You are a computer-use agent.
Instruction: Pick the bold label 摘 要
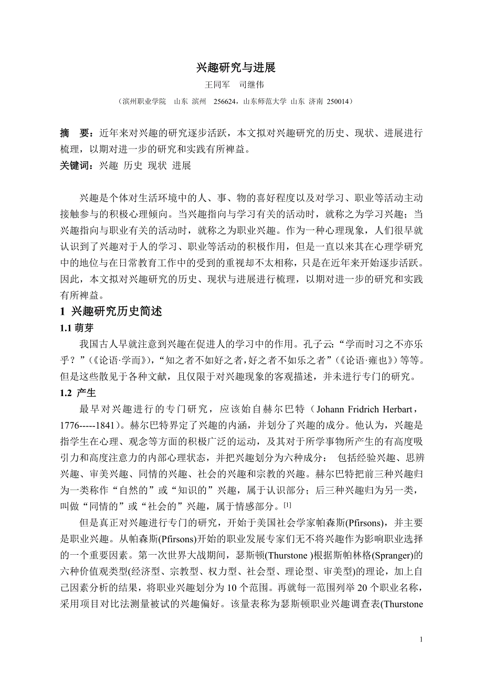tap(73, 133)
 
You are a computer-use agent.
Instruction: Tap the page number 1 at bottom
tap(421, 639)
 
